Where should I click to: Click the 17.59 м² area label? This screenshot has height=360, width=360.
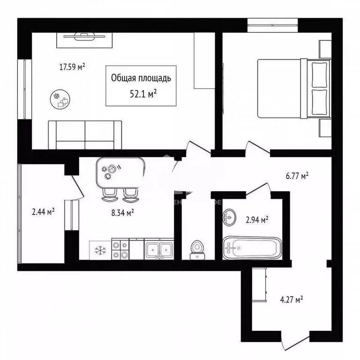pyautogui.click(x=72, y=67)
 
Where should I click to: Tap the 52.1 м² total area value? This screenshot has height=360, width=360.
pyautogui.click(x=142, y=94)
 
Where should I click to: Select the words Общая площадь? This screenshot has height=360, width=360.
pyautogui.click(x=141, y=78)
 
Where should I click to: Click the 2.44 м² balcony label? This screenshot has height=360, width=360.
pyautogui.click(x=43, y=212)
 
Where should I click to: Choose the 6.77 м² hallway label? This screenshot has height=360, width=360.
pyautogui.click(x=297, y=176)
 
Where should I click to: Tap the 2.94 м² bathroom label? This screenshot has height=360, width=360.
pyautogui.click(x=257, y=219)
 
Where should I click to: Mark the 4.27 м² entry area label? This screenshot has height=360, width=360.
pyautogui.click(x=291, y=299)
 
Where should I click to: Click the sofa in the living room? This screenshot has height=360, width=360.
pyautogui.click(x=85, y=133)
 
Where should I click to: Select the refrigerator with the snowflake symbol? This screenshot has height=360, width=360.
pyautogui.click(x=100, y=249)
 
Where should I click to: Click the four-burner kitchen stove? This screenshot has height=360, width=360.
pyautogui.click(x=120, y=249)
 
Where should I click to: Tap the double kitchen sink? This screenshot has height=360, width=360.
pyautogui.click(x=160, y=249)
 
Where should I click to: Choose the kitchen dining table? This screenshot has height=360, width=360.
pyautogui.click(x=120, y=173)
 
